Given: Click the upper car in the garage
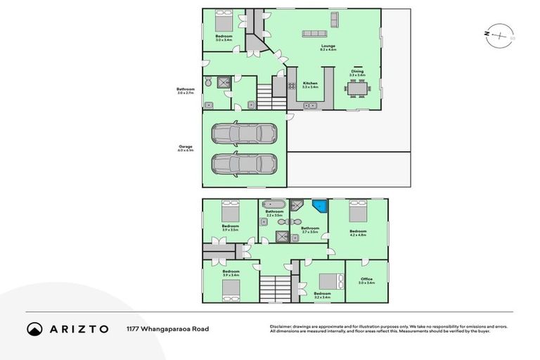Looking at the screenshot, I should [245, 134].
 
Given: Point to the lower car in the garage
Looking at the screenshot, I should [245, 164].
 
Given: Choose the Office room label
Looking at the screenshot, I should [366, 281].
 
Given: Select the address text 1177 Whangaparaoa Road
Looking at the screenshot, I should [167, 328].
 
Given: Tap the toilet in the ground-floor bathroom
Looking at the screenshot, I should [208, 82].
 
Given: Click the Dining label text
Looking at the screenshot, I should [357, 70].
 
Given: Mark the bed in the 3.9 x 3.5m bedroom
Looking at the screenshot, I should [231, 210].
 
